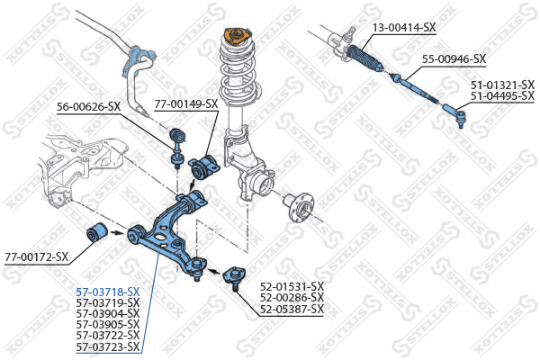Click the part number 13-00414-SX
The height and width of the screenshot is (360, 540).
[x=404, y=28]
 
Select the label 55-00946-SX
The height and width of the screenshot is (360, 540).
[x=454, y=59]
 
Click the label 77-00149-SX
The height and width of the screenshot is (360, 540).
[x=186, y=103]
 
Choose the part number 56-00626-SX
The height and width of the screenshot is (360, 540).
[x=88, y=107]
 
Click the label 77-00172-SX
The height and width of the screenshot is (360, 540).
[x=36, y=256]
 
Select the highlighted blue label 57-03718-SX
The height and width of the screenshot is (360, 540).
[x=108, y=292]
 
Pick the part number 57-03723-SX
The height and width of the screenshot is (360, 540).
[x=108, y=346]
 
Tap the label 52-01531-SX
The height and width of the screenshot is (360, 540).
[x=292, y=287]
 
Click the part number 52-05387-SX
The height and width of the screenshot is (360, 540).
[x=292, y=310]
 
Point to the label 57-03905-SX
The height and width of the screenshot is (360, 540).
[x=108, y=324]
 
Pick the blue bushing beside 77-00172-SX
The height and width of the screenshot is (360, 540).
[x=96, y=233]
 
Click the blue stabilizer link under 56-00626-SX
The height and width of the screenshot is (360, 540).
[x=176, y=147]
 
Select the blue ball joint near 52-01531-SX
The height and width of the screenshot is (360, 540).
[x=231, y=274]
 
